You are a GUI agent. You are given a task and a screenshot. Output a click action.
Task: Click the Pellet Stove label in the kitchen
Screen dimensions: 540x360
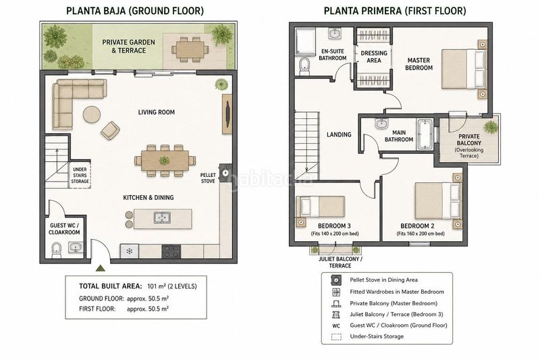(208, 178)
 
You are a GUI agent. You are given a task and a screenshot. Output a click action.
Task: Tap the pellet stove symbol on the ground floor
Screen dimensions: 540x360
(225, 172)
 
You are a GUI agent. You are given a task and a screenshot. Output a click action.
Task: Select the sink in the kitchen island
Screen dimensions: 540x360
(162, 217)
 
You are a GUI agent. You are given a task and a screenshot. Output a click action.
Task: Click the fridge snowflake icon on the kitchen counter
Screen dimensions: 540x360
(130, 251)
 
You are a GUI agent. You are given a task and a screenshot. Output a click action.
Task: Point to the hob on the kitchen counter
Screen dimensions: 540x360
(171, 251)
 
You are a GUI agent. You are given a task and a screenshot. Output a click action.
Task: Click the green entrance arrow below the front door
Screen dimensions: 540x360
(100, 268)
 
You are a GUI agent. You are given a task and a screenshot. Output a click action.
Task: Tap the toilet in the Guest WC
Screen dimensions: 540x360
(56, 250)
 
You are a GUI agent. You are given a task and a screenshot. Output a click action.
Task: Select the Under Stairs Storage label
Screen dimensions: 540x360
(80, 175)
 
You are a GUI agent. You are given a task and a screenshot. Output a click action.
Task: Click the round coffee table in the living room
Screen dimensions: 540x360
(92, 114)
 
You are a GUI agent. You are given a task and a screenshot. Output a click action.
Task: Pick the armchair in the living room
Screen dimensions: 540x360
(110, 130)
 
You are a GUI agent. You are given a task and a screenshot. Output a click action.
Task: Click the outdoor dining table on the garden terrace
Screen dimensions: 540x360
(190, 51)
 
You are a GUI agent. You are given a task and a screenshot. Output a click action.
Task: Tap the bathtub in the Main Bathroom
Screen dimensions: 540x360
(425, 134)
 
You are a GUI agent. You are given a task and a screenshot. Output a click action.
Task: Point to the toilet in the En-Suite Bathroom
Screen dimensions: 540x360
(304, 66)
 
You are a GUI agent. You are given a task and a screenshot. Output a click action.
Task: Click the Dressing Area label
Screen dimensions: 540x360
(374, 57)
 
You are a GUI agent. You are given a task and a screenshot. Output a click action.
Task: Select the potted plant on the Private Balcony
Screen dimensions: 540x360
(491, 127)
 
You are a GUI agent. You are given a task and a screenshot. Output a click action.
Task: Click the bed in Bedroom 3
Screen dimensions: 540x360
(321, 207)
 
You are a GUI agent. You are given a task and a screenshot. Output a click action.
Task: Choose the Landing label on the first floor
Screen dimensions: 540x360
(339, 134)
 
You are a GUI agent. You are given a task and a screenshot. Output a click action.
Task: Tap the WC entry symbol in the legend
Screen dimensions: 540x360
(336, 326)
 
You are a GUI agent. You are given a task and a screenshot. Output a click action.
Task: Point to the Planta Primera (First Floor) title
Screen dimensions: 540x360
(395, 11)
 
